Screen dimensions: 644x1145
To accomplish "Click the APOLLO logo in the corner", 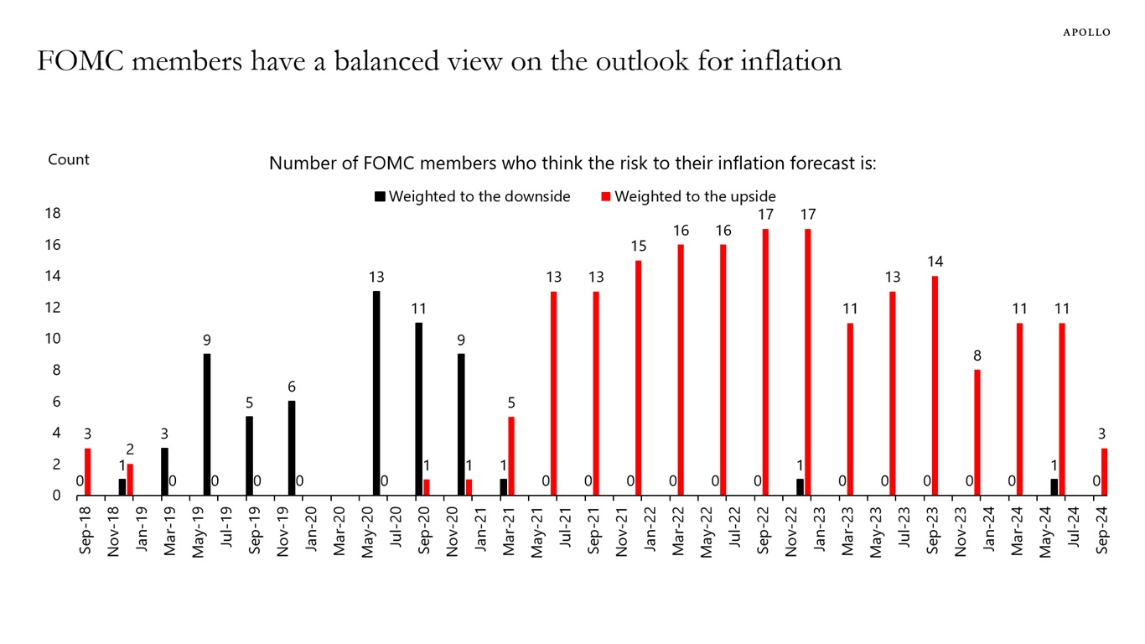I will pyautogui.click(x=1086, y=33).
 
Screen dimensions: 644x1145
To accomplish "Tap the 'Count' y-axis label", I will pyautogui.click(x=69, y=159).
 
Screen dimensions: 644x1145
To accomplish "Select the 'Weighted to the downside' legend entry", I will pyautogui.click(x=473, y=196).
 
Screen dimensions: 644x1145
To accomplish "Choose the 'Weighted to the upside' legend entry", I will pyautogui.click(x=688, y=196).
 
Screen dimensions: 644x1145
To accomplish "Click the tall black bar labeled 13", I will pyautogui.click(x=376, y=393).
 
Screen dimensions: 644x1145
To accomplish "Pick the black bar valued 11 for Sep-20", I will pyautogui.click(x=418, y=409).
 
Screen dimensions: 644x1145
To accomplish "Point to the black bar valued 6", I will pyautogui.click(x=291, y=448).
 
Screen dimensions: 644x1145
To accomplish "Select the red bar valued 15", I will pyautogui.click(x=639, y=377).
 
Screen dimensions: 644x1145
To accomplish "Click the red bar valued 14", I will pyautogui.click(x=935, y=386).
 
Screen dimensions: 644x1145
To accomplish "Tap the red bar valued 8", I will pyautogui.click(x=977, y=433).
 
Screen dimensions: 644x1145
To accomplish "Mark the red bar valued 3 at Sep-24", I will pyautogui.click(x=1105, y=472).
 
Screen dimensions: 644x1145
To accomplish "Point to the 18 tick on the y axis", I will pyautogui.click(x=53, y=213).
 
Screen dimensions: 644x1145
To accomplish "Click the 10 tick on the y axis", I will pyautogui.click(x=53, y=339).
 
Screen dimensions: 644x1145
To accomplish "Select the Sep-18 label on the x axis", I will pyautogui.click(x=85, y=531).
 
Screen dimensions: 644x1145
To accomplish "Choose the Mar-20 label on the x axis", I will pyautogui.click(x=339, y=531).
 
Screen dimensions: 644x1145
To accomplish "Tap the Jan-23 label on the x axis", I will pyautogui.click(x=820, y=531).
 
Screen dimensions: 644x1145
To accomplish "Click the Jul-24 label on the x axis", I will pyautogui.click(x=1075, y=531).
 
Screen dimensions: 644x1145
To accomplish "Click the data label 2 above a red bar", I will pyautogui.click(x=130, y=450).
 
